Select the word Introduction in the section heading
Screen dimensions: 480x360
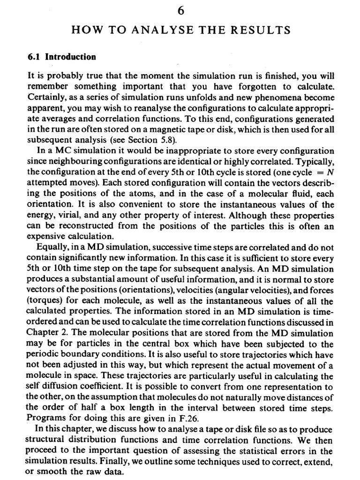(70, 57)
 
